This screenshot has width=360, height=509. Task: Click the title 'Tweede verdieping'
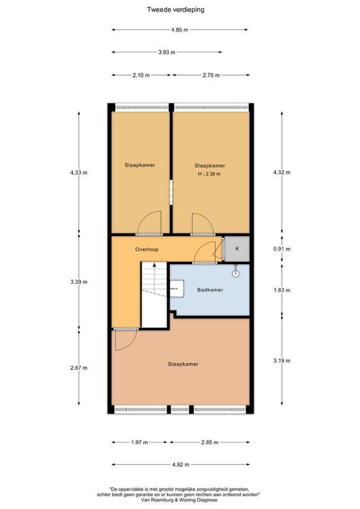pos(176,10)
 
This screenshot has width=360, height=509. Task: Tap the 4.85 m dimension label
pos(180,30)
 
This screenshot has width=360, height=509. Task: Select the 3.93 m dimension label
pos(167,52)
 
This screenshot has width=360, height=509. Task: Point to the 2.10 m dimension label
pos(141,75)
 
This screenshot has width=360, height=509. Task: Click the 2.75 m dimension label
pos(211,75)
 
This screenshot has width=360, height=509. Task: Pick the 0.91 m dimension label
pos(282,249)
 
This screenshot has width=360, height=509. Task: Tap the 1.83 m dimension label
pos(282,290)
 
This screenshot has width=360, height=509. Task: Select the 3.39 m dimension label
pos(79,282)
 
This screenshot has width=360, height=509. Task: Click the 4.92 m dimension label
pos(181,465)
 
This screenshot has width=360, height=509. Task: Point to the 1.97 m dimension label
pos(139,443)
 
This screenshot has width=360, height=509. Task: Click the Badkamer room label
pos(210,290)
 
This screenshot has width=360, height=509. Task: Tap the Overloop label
pos(147,250)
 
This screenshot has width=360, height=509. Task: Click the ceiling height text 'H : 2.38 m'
pos(209,174)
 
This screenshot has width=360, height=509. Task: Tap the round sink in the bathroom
pos(236,274)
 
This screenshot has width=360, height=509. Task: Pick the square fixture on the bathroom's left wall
pos(177,288)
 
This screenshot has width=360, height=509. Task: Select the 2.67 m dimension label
pos(79,368)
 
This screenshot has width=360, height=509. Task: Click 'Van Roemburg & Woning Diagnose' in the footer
pos(180,500)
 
